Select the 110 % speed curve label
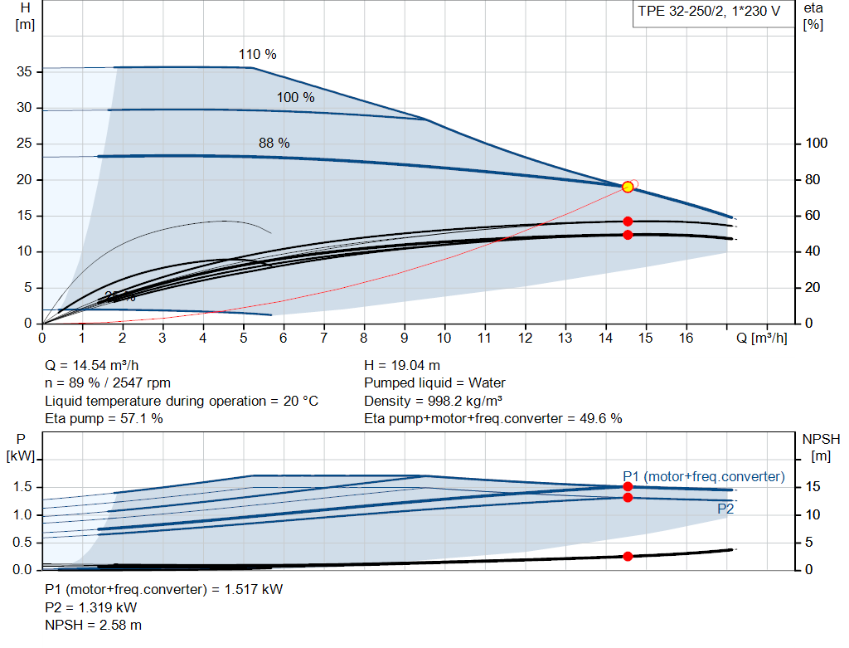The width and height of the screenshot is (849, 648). (258, 55)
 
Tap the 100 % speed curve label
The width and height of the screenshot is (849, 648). (296, 98)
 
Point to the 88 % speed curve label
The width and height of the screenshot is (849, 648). (274, 144)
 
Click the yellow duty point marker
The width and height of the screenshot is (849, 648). (628, 187)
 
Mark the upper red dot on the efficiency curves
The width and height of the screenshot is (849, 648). (628, 222)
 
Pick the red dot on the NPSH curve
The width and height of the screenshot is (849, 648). (628, 556)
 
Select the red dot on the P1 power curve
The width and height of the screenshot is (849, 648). (628, 487)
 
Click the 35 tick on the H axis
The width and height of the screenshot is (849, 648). (25, 72)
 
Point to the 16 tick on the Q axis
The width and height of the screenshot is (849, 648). (686, 339)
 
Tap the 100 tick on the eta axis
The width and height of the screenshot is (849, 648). (817, 144)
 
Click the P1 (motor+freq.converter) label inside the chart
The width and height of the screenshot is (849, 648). (703, 476)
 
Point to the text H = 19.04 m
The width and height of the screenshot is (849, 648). (402, 365)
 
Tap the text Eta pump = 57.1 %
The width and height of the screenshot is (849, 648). (104, 419)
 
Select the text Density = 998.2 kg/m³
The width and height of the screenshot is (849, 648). (434, 401)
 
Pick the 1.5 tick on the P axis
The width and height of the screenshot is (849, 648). (24, 487)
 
